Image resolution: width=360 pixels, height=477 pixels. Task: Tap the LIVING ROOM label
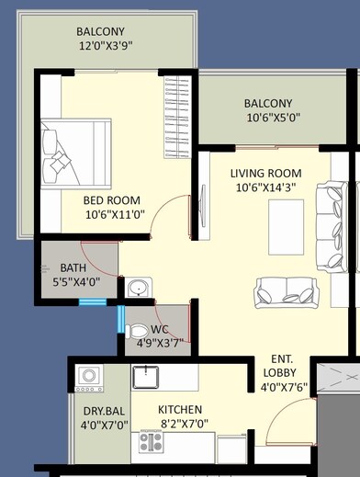tap(266, 173)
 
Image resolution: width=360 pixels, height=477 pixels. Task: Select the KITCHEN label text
tap(180, 409)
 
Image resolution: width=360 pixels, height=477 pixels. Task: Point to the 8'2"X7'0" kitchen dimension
tap(180, 426)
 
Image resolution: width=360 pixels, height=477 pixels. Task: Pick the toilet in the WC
tap(137, 328)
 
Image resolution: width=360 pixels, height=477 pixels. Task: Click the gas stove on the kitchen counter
tap(151, 443)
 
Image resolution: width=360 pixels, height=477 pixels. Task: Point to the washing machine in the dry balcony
tap(89, 376)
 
